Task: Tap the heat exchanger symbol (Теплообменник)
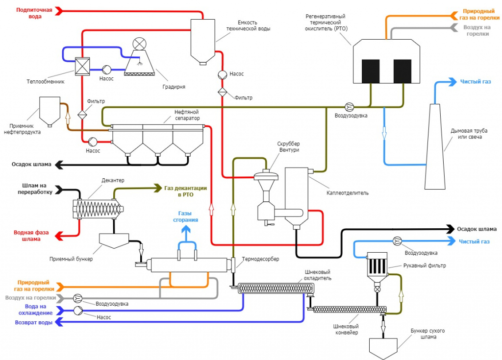click(81, 67)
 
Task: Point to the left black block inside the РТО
click(371, 71)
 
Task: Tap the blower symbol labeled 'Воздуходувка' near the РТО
click(349, 106)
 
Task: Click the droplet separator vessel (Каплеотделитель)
click(296, 196)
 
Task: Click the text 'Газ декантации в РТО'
click(185, 191)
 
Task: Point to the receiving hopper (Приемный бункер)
click(113, 240)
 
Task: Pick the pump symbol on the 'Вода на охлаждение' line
click(77, 311)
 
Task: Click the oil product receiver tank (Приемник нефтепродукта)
click(48, 110)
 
